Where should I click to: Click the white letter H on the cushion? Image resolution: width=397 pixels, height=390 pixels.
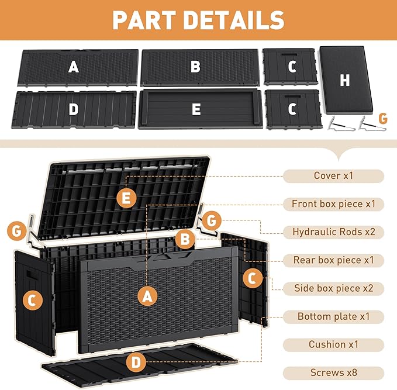pos(344,80)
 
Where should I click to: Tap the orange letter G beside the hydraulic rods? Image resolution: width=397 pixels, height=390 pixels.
pos(383,118)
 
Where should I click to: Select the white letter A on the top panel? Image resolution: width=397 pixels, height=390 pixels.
pos(74,67)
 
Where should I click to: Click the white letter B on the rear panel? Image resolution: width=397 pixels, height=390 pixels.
pos(195,67)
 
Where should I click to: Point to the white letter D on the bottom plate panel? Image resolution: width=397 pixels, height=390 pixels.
pos(74,109)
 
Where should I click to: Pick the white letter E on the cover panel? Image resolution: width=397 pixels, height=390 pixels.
pos(196,109)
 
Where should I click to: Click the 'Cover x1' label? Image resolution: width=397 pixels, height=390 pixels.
pos(333,176)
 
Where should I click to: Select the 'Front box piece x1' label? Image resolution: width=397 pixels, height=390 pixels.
pos(333,204)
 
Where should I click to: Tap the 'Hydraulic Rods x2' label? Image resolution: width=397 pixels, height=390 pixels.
pos(333,232)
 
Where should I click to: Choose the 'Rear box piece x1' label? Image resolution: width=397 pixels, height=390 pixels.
pos(333,260)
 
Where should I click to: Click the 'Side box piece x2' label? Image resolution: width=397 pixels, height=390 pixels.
pos(333,288)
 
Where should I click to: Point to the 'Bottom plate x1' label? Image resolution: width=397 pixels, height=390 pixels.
pos(333,316)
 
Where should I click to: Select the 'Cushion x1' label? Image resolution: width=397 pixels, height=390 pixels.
pos(333,344)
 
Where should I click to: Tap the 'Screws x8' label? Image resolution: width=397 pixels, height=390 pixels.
pos(333,373)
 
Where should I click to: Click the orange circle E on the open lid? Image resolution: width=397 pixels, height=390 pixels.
pos(126,198)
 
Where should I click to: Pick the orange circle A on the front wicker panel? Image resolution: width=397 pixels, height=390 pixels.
pos(147,296)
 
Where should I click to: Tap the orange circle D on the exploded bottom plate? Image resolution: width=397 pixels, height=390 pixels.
pos(136,363)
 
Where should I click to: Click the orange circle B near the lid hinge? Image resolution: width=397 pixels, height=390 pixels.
pos(185,239)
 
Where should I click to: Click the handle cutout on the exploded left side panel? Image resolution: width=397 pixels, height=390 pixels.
pos(32,275)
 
